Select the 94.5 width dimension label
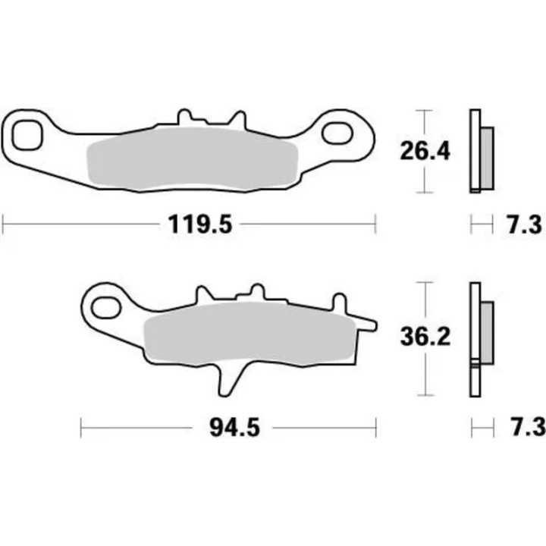232,428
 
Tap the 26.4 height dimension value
425,151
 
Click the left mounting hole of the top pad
30,133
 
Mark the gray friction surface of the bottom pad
246,336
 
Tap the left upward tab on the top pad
184,118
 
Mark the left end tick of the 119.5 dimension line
4,224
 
